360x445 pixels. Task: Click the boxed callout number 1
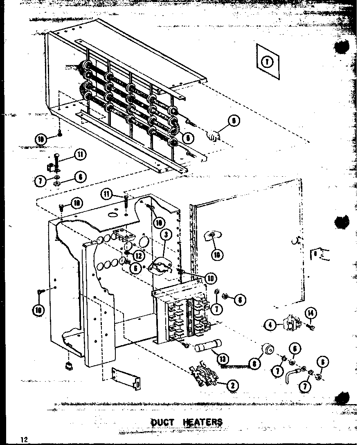[267, 62]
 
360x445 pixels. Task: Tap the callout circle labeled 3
[165, 235]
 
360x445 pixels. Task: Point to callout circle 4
[270, 326]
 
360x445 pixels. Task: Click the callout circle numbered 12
[138, 255]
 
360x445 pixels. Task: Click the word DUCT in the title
[162, 422]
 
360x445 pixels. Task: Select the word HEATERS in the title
[203, 422]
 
